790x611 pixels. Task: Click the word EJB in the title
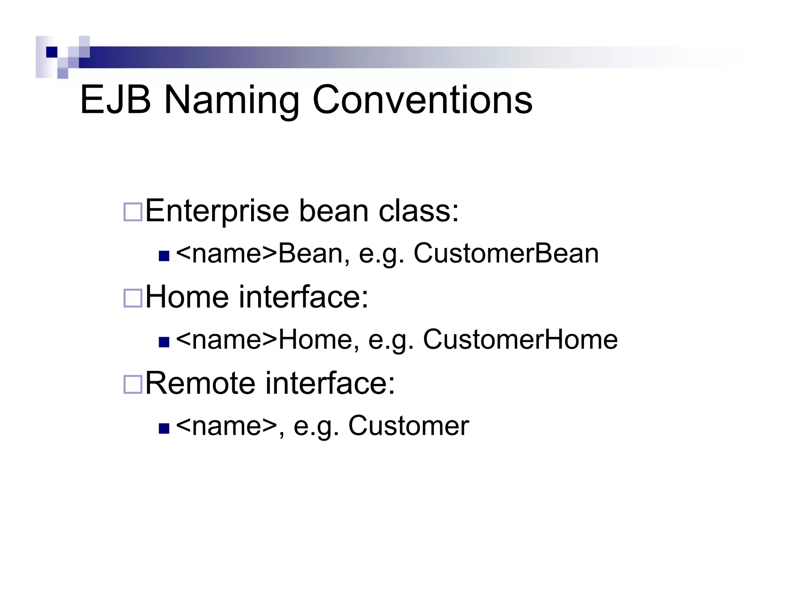[x=115, y=100]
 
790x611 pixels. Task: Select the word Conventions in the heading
[x=422, y=100]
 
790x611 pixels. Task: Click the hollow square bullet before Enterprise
[x=133, y=212]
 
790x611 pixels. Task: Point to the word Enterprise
[x=217, y=211]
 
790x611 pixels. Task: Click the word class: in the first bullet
[x=419, y=211]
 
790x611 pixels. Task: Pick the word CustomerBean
[x=506, y=254]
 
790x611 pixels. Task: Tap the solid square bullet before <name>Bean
[x=164, y=256]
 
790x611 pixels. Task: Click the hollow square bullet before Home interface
[x=133, y=298]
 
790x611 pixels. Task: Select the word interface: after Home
[x=304, y=297]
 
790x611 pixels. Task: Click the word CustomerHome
[x=520, y=340]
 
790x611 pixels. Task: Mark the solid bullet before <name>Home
[x=164, y=342]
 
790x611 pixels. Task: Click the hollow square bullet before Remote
[x=133, y=384]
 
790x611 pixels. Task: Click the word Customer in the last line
[x=409, y=426]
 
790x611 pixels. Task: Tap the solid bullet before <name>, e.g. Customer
[x=164, y=428]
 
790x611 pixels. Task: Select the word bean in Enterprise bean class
[x=334, y=211]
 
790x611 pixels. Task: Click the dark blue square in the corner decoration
[x=52, y=52]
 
